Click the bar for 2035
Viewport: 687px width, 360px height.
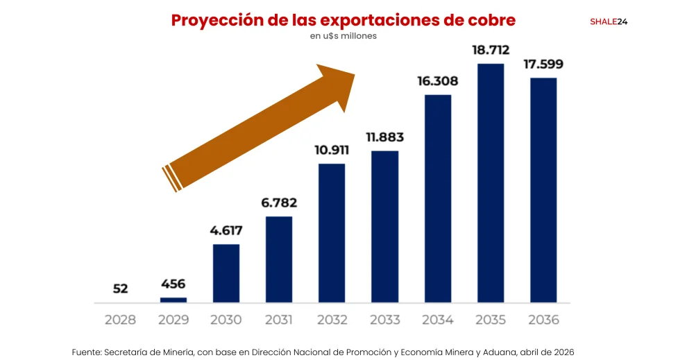491,183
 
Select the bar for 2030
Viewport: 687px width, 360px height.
226,273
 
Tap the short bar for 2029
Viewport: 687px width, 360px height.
173,300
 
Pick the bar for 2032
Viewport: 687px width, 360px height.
332,233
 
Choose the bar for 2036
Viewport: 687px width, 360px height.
543,190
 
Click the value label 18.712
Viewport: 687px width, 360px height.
491,51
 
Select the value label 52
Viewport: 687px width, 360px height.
121,288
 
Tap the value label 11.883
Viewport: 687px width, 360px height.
385,137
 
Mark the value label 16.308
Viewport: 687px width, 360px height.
438,80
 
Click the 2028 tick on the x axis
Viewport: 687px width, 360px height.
121,320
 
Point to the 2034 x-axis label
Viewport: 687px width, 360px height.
438,320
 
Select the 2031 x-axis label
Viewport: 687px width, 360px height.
279,320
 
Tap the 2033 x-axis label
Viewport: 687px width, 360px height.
385,320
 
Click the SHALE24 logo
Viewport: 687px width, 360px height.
609,22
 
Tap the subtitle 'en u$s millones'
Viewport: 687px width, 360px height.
343,36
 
